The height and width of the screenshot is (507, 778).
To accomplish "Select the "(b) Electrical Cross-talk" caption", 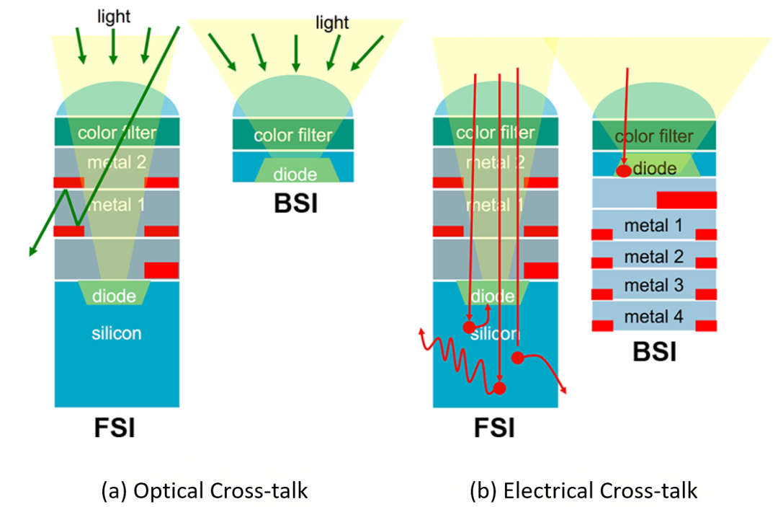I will (583, 491).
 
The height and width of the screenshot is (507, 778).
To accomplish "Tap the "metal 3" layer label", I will (653, 286).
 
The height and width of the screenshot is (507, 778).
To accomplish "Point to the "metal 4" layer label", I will (653, 316).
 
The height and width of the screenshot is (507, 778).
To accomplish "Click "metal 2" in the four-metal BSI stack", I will (653, 256).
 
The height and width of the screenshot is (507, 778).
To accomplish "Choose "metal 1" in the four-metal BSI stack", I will (653, 226).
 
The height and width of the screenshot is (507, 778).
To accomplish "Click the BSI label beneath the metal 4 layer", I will (654, 352).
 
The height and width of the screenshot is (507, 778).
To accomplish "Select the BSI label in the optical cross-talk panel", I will (295, 203).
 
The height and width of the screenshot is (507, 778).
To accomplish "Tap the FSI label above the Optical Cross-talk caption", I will (115, 428).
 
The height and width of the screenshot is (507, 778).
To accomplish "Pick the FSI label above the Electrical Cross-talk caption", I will (494, 428).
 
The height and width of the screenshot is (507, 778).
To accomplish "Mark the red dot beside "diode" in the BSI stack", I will (624, 171).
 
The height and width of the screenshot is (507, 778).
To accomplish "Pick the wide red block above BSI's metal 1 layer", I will (686, 200).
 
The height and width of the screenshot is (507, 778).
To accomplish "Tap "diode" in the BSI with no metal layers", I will (295, 174).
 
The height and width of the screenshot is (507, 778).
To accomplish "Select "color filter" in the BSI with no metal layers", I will (295, 135).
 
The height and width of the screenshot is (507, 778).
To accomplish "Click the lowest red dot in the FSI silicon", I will (498, 389).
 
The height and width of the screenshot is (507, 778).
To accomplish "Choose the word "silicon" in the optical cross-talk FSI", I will (117, 333).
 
